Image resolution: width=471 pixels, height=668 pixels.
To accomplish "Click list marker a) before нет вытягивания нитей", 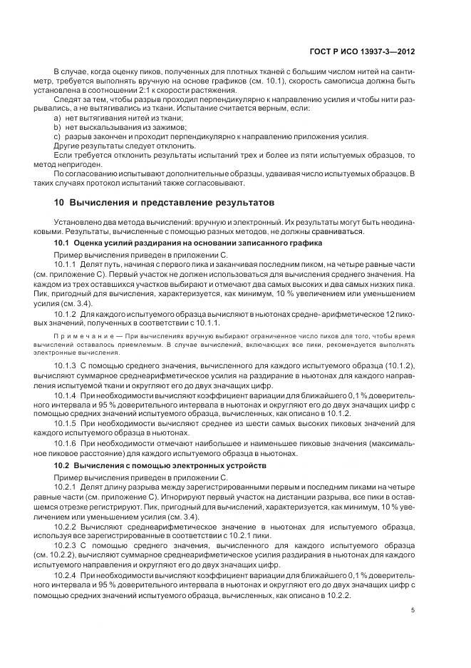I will point(57,117).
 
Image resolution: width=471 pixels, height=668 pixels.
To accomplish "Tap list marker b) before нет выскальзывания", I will point(57,126).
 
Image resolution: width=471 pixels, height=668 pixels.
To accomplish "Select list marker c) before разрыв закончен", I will point(57,136).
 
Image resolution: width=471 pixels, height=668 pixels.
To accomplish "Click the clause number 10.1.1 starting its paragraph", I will point(66,263).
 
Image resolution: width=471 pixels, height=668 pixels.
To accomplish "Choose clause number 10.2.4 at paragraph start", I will point(66,575).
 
